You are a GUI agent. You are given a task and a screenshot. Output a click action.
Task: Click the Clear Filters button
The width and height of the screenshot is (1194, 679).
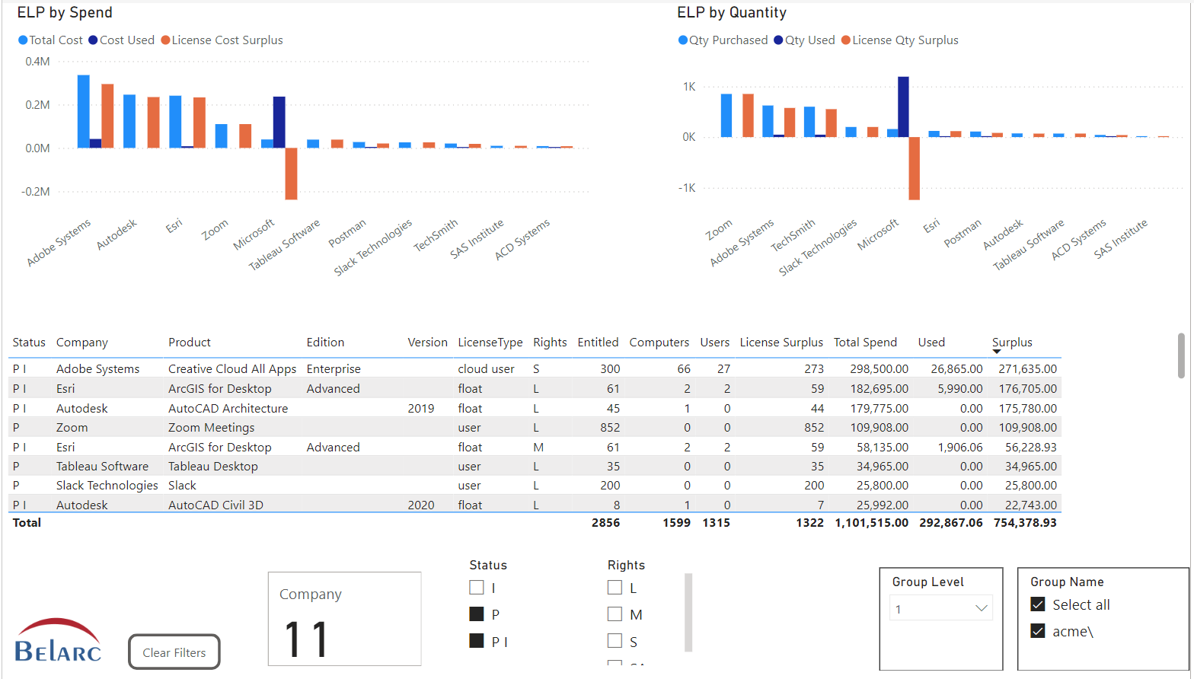[174, 652]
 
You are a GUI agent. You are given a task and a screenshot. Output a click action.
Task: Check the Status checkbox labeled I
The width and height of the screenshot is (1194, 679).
[477, 588]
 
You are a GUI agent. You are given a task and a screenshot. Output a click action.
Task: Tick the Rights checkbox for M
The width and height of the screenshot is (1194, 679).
[615, 614]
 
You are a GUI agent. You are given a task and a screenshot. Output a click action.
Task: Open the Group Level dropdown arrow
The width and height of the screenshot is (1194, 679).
[981, 608]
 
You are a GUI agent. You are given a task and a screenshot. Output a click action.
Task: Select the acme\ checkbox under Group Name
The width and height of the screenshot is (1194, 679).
[1038, 631]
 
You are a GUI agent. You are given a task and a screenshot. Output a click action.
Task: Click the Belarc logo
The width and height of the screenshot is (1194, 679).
[58, 641]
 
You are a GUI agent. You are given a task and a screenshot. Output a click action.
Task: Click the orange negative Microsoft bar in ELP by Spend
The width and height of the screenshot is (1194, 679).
[291, 174]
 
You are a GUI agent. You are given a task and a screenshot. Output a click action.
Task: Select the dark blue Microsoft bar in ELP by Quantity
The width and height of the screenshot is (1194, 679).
[903, 107]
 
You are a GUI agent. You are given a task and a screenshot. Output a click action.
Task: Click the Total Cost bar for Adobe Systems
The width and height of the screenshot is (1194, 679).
[84, 111]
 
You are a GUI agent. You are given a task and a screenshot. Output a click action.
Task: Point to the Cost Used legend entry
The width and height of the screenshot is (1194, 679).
[122, 40]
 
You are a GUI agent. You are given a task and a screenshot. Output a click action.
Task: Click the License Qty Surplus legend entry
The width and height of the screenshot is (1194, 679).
[900, 40]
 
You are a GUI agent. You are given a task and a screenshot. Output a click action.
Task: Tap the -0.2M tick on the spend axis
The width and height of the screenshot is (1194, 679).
[36, 192]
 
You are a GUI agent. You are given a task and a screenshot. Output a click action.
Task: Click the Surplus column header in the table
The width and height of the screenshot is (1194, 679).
[1012, 343]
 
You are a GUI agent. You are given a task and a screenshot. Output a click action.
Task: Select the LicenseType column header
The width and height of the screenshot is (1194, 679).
[490, 343]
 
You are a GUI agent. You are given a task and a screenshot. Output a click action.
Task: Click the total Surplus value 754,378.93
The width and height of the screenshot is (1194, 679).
[1025, 523]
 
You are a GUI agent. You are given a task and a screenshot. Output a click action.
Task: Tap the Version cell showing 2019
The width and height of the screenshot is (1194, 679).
[420, 408]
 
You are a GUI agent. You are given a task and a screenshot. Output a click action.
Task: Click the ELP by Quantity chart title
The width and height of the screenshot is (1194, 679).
[731, 13]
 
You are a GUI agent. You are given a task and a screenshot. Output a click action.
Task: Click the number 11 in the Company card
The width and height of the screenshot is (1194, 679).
[306, 639]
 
